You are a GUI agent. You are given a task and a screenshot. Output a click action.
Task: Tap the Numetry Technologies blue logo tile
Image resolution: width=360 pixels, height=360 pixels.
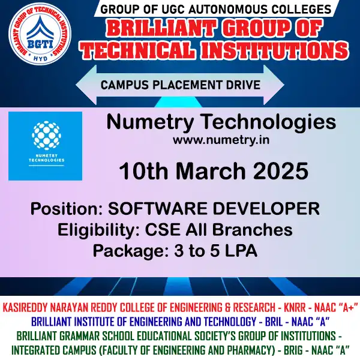[45, 146]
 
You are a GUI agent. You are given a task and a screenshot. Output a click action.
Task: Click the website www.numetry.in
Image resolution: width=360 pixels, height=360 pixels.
[220, 140]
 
